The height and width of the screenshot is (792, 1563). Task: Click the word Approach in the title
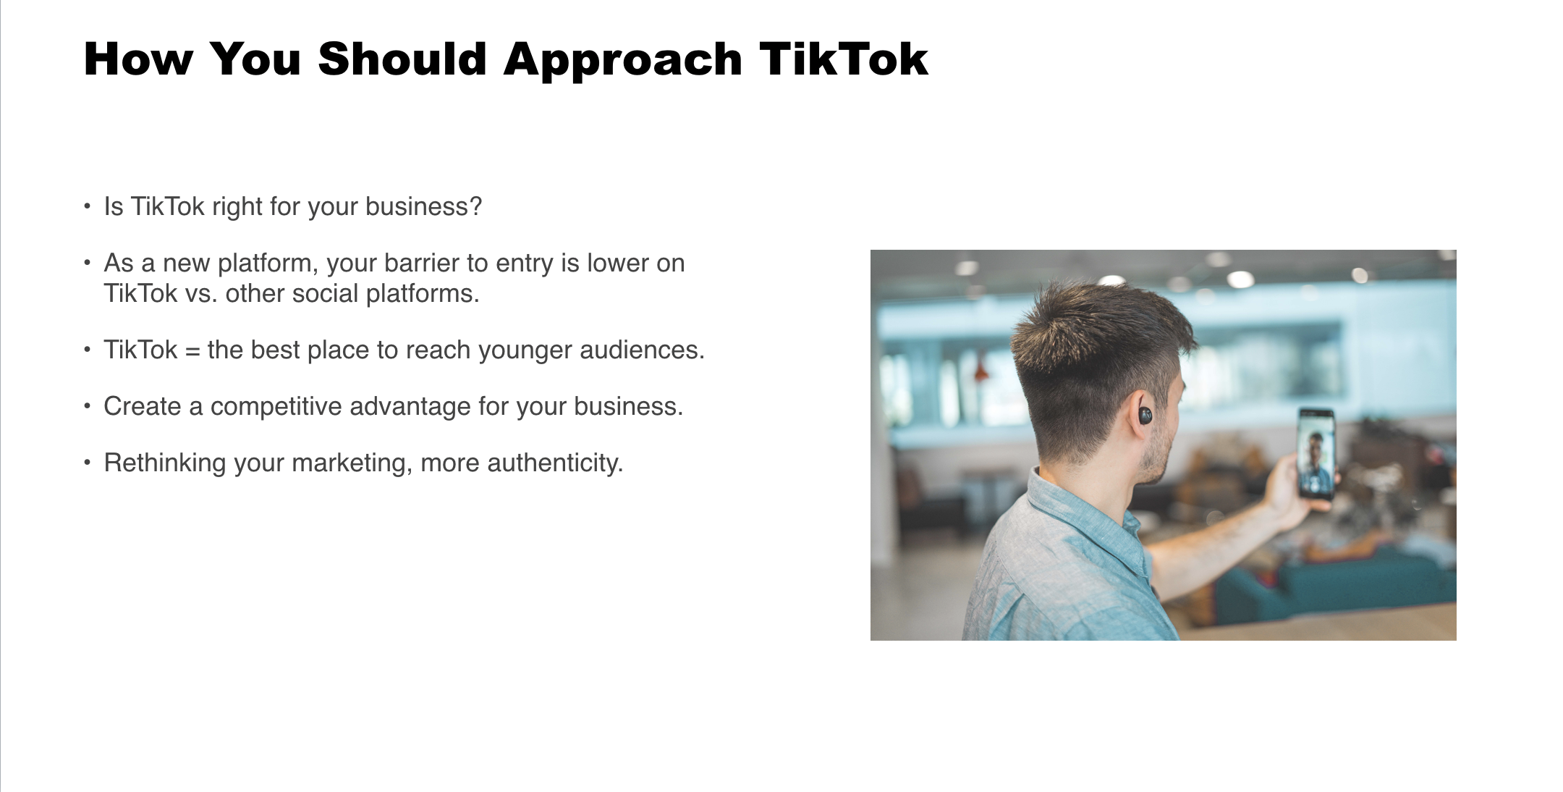pos(623,59)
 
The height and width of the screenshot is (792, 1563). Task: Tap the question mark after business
pos(475,206)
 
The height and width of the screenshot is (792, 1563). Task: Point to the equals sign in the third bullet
pos(192,350)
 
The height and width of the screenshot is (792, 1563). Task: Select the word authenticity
pos(555,463)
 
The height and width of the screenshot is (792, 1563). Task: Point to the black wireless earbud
pos(1145,416)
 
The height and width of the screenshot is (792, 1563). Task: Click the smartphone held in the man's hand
pos(1316,453)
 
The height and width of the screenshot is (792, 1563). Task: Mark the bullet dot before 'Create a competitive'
pos(88,406)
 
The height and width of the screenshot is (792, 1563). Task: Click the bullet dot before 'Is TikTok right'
pos(88,206)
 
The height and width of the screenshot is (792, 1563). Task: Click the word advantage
pos(411,407)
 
